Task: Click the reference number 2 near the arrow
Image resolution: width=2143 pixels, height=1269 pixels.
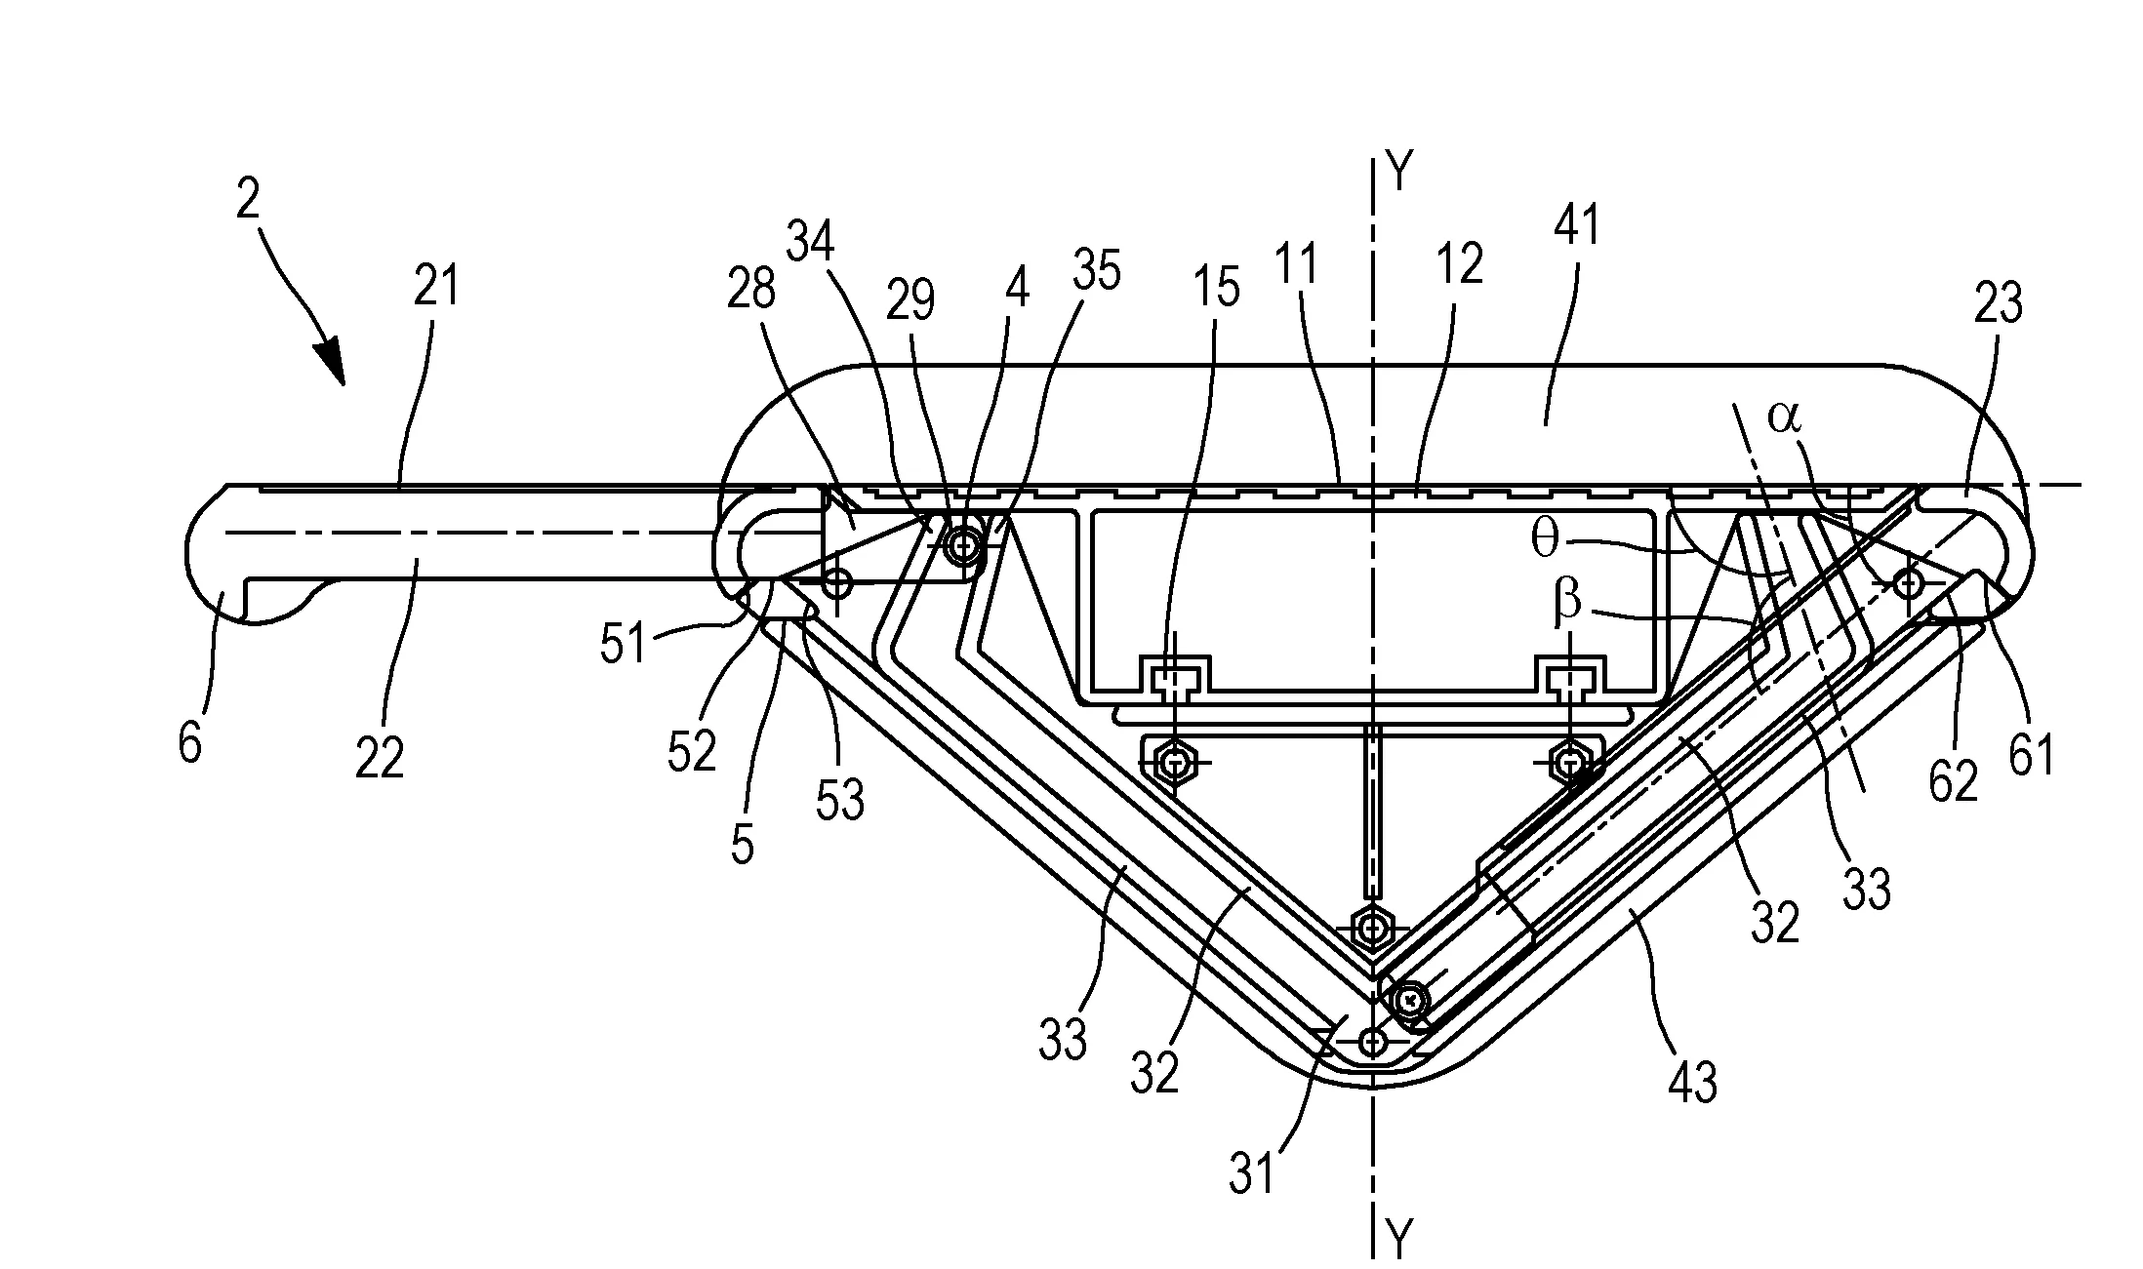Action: coord(249,201)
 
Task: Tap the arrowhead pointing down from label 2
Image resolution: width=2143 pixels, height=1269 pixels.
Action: coord(333,363)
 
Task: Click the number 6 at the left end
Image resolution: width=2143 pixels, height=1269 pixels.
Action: coord(190,743)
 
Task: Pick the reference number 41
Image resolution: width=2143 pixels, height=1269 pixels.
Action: coord(1575,224)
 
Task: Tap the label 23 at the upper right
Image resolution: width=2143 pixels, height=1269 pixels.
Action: coord(1998,304)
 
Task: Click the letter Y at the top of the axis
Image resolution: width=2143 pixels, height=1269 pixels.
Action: coord(1399,174)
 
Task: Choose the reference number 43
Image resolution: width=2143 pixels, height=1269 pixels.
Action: coord(1693,1081)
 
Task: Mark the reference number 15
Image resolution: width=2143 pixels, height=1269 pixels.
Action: coord(1216,289)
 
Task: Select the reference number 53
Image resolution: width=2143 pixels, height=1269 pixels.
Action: coord(840,800)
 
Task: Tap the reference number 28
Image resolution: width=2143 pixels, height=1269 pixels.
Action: coord(751,289)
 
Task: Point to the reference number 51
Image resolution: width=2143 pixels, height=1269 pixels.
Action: coord(625,645)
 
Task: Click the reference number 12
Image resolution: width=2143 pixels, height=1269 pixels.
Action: coord(1460,263)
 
